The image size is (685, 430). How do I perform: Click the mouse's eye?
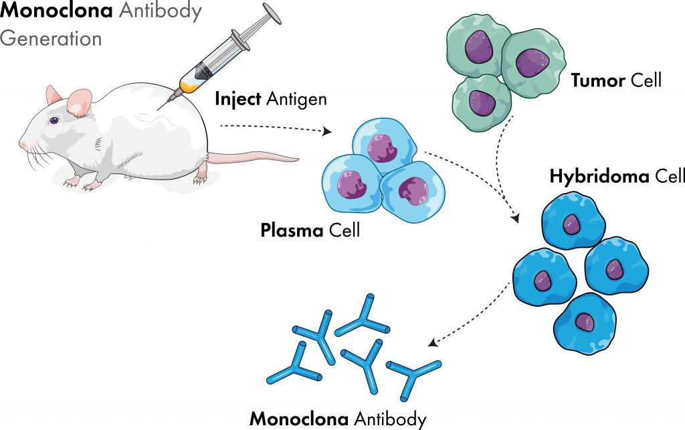pos(53,121)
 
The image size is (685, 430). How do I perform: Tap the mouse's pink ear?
pos(80,101)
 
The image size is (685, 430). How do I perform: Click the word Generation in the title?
pos(51,38)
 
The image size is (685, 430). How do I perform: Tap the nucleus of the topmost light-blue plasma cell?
pos(382,147)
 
